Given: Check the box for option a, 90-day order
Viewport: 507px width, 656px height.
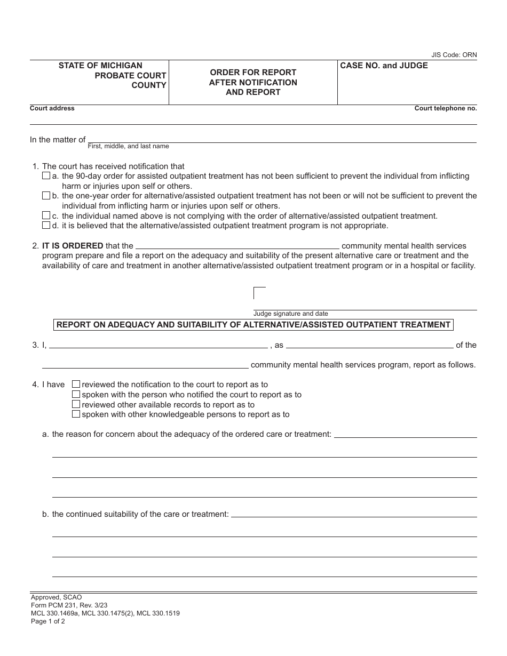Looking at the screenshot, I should [46, 176].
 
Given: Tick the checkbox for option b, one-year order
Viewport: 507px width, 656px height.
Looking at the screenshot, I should [46, 196].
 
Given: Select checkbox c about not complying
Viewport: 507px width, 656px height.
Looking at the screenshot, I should [46, 215].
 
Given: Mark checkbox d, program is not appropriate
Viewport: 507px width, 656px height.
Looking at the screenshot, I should [46, 225].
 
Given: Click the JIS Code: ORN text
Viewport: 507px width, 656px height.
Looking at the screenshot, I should [454, 55].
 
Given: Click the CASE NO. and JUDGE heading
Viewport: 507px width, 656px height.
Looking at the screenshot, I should [384, 66].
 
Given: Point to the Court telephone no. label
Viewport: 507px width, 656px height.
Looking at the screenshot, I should [446, 108].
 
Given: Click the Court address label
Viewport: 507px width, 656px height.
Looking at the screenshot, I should [52, 108].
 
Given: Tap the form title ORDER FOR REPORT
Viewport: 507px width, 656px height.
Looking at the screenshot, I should [253, 72].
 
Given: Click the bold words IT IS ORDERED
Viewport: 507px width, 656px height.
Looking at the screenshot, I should [73, 246].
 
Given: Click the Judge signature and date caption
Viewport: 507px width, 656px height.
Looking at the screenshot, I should [290, 314].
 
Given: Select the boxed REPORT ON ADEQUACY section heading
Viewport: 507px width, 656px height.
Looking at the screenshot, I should [253, 324].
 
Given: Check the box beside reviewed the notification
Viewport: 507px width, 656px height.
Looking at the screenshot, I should [76, 384].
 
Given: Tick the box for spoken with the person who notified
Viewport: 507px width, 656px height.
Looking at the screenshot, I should [76, 394].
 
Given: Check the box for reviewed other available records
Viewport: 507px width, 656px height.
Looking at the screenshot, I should [76, 404].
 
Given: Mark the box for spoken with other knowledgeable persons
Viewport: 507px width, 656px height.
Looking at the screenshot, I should [76, 414].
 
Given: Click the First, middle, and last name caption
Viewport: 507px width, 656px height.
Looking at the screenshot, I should [128, 146].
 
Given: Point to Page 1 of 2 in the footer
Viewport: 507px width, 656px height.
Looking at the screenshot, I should [48, 621].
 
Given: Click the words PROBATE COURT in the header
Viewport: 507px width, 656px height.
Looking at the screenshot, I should [130, 76].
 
